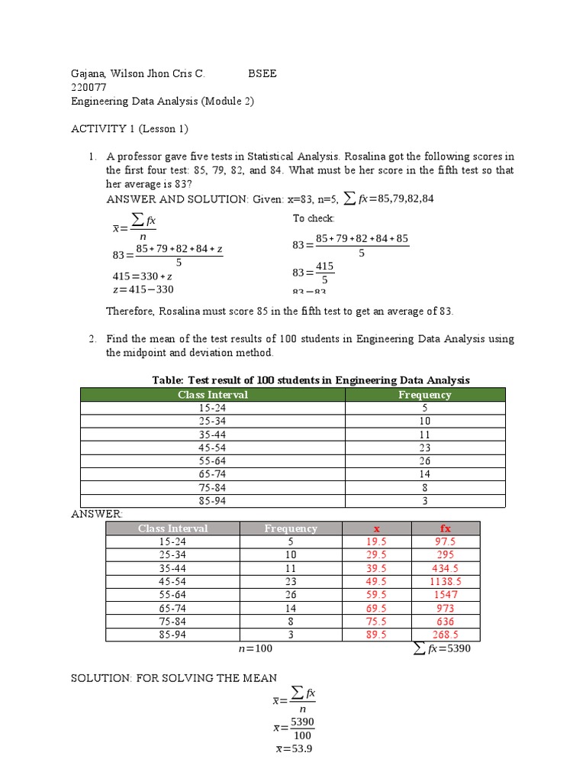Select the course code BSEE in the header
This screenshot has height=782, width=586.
[262, 74]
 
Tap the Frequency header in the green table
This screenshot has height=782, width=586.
[424, 395]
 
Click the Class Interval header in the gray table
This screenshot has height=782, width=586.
[172, 528]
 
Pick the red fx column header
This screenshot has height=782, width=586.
[446, 528]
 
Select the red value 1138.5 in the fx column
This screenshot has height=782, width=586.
[446, 581]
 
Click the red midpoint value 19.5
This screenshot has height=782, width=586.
[377, 541]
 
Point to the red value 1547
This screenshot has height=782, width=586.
[446, 594]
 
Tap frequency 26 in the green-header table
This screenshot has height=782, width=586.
[424, 460]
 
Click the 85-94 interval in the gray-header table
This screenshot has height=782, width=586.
[172, 635]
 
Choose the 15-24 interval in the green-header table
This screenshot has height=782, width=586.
[213, 408]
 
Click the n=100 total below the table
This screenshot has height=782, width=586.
[255, 648]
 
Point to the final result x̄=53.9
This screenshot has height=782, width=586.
[294, 749]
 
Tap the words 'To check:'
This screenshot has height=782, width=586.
[314, 218]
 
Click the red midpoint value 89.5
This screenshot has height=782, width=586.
[377, 635]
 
